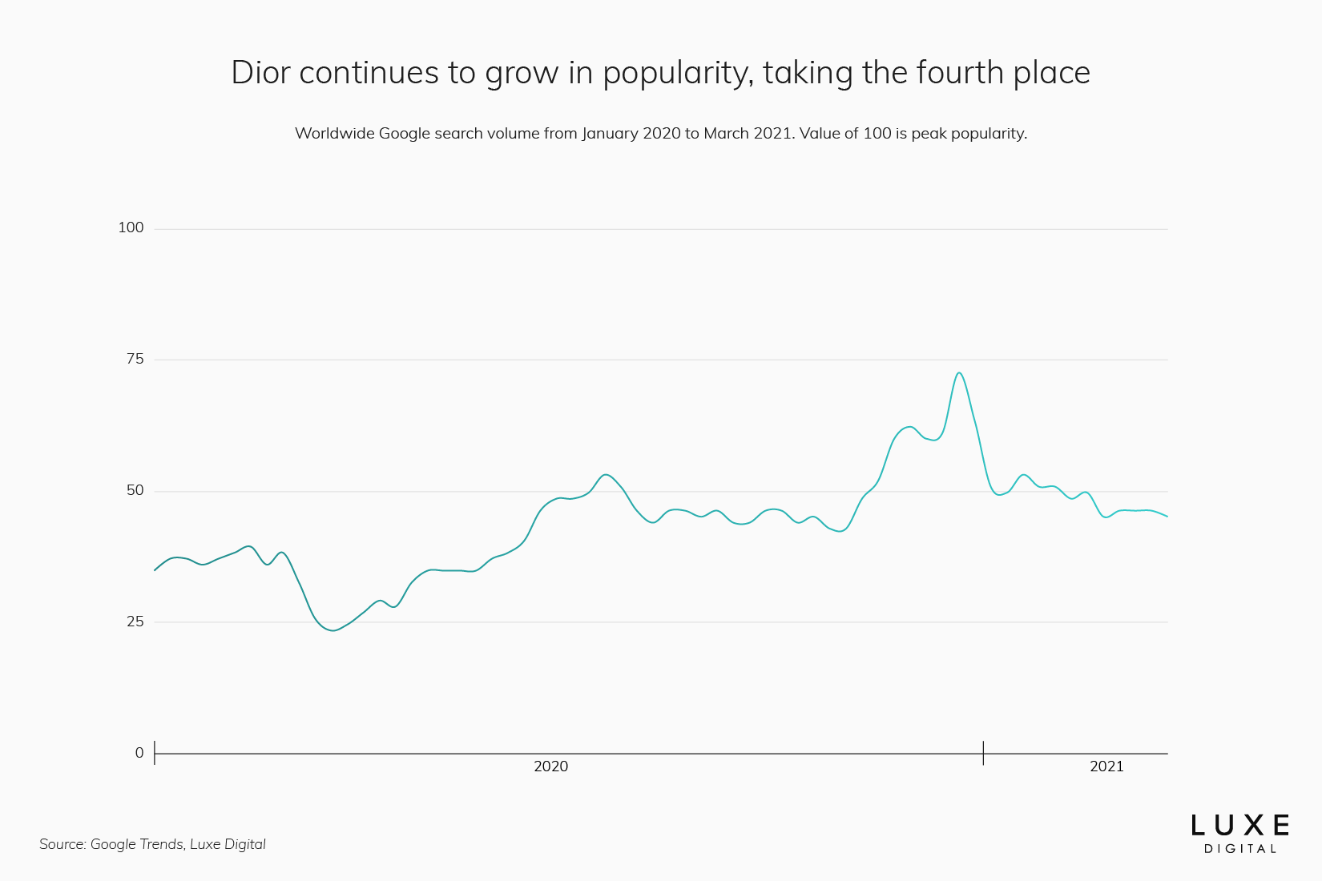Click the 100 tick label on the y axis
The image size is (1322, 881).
coord(131,228)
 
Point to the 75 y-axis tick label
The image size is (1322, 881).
coord(135,360)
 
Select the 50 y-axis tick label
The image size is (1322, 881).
coord(135,491)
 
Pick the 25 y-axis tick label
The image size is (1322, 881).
coord(135,622)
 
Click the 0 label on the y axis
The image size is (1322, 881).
coord(139,754)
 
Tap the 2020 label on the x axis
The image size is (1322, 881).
coord(550,767)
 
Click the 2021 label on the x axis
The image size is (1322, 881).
coord(1106,767)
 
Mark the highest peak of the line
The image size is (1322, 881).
coord(959,373)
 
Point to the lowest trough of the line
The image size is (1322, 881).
coord(333,630)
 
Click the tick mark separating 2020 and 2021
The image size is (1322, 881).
coord(983,753)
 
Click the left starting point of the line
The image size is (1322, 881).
coord(155,570)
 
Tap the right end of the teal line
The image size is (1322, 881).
coord(1167,517)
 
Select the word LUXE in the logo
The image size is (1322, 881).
coord(1239,826)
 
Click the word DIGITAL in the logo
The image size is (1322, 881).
coord(1239,849)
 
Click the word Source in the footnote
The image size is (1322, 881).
coord(62,844)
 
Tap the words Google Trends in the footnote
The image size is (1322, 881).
coord(136,844)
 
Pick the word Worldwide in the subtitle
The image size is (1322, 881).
coord(334,134)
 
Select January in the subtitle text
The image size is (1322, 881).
coord(610,134)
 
